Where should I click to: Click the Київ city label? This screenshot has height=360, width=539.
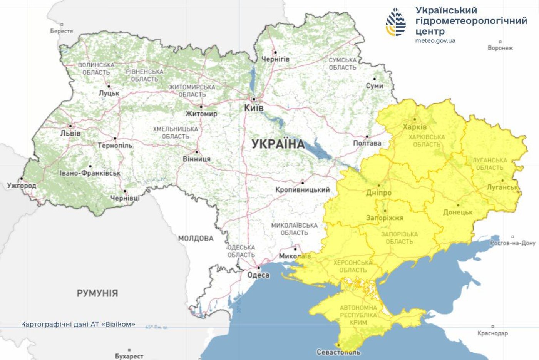(x=254, y=108)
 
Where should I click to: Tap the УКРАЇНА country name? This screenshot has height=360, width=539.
(x=278, y=144)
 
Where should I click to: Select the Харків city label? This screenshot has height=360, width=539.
(x=415, y=127)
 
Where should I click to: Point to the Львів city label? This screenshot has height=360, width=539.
(x=70, y=133)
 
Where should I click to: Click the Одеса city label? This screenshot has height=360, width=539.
(x=258, y=275)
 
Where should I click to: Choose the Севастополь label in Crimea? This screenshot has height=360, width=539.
(x=338, y=352)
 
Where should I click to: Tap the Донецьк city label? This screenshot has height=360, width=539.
(x=458, y=212)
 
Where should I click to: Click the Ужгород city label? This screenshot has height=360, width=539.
(x=22, y=186)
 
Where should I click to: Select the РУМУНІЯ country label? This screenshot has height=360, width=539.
(x=97, y=293)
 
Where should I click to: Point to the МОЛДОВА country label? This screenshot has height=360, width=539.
(x=196, y=238)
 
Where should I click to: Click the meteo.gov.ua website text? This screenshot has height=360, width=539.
(x=435, y=40)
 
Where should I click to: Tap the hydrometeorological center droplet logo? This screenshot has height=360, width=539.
(x=396, y=22)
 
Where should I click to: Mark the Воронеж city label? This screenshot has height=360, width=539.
(x=500, y=48)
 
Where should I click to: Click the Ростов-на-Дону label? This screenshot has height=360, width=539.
(x=512, y=243)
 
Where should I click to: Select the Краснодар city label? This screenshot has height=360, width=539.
(x=492, y=333)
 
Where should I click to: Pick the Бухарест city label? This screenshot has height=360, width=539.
(x=129, y=356)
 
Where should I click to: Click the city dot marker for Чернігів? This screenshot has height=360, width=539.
(x=275, y=52)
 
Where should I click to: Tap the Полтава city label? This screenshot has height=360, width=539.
(x=367, y=143)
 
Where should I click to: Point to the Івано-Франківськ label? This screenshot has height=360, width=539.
(x=90, y=173)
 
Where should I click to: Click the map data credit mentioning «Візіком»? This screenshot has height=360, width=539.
(x=78, y=324)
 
